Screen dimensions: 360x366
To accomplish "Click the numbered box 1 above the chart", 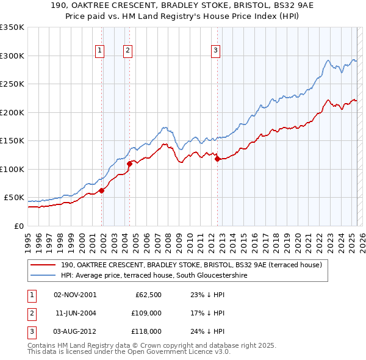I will [99, 51].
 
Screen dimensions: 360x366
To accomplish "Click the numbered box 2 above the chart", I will [127, 51].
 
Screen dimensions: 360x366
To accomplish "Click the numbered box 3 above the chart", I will [215, 51].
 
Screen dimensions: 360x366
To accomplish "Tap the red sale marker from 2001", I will [102, 190].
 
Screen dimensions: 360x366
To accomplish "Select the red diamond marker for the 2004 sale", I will [129, 164].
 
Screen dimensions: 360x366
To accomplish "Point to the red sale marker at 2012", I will [217, 159].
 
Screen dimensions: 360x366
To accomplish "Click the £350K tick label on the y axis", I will [12, 27].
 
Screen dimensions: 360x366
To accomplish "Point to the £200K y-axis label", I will [12, 112].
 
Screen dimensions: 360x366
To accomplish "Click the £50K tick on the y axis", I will [15, 198].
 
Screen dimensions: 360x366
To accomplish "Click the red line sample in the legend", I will [43, 265].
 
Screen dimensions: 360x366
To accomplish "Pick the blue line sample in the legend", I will [43, 275].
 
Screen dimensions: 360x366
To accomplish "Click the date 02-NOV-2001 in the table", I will [75, 295].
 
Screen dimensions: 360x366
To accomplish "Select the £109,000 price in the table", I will [147, 313].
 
